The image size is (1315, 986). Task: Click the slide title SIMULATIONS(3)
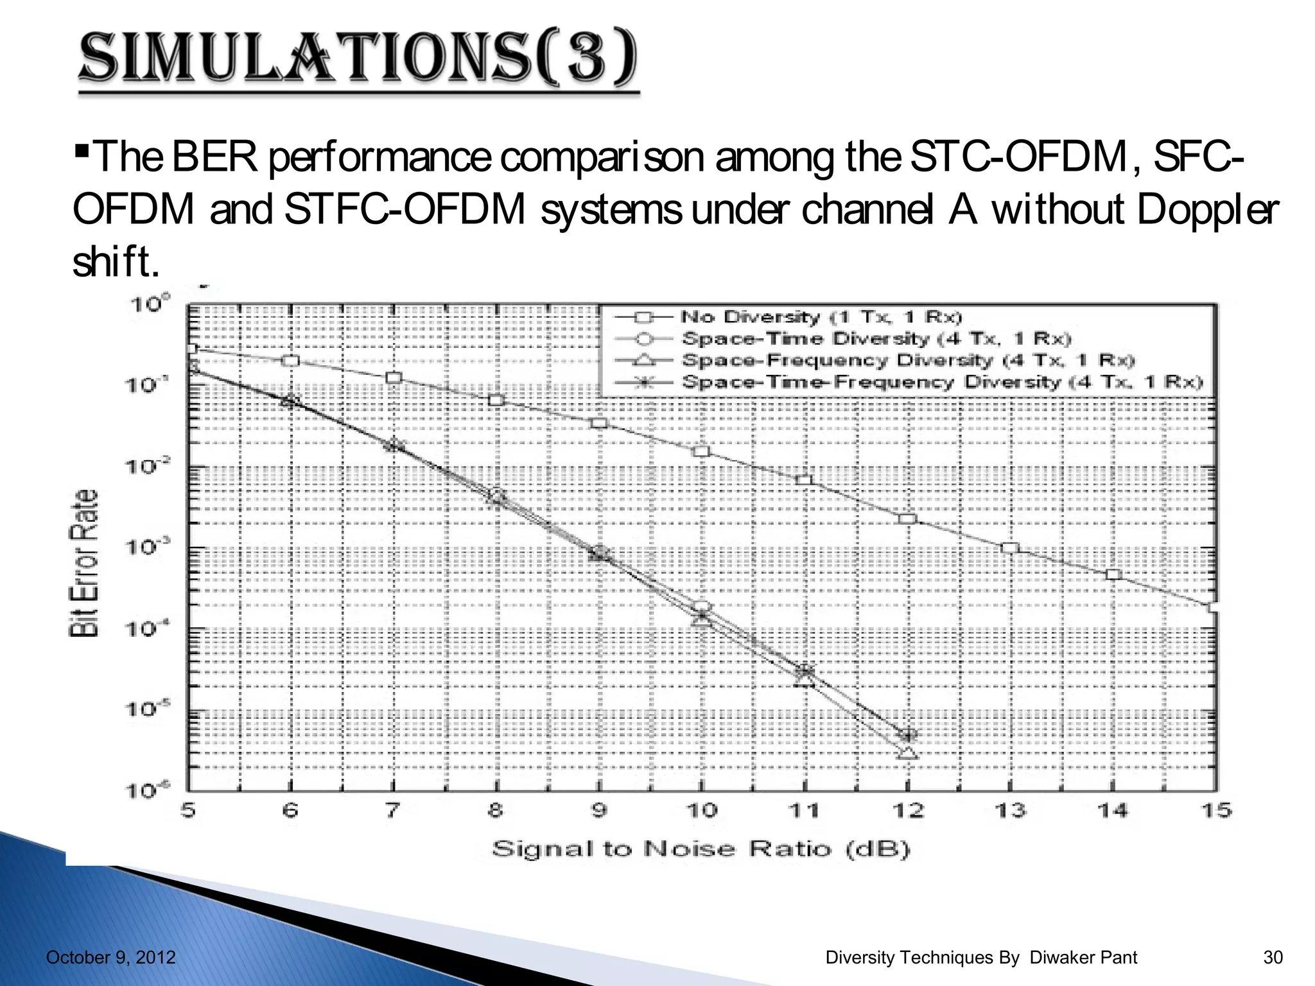pyautogui.click(x=358, y=59)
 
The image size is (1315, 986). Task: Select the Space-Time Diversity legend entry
pyautogui.click(x=876, y=338)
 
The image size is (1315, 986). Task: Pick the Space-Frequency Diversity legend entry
pyautogui.click(x=908, y=360)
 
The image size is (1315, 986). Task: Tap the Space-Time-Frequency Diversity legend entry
pyautogui.click(x=941, y=382)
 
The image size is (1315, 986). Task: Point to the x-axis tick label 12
pyautogui.click(x=907, y=811)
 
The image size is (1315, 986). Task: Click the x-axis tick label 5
pyautogui.click(x=187, y=811)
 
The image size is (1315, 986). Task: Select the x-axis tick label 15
pyautogui.click(x=1215, y=811)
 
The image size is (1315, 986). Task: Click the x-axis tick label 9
pyautogui.click(x=598, y=811)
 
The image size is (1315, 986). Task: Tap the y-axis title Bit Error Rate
pyautogui.click(x=84, y=563)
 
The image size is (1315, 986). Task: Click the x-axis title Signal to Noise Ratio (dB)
pyautogui.click(x=701, y=849)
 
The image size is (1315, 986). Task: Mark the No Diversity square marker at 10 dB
pyautogui.click(x=702, y=451)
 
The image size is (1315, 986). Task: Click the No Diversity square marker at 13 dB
pyautogui.click(x=1010, y=548)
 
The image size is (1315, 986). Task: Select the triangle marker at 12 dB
pyautogui.click(x=907, y=752)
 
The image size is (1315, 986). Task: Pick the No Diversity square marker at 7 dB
pyautogui.click(x=394, y=377)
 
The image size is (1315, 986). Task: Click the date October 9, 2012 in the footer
pyautogui.click(x=111, y=958)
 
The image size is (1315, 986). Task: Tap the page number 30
pyautogui.click(x=1273, y=958)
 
